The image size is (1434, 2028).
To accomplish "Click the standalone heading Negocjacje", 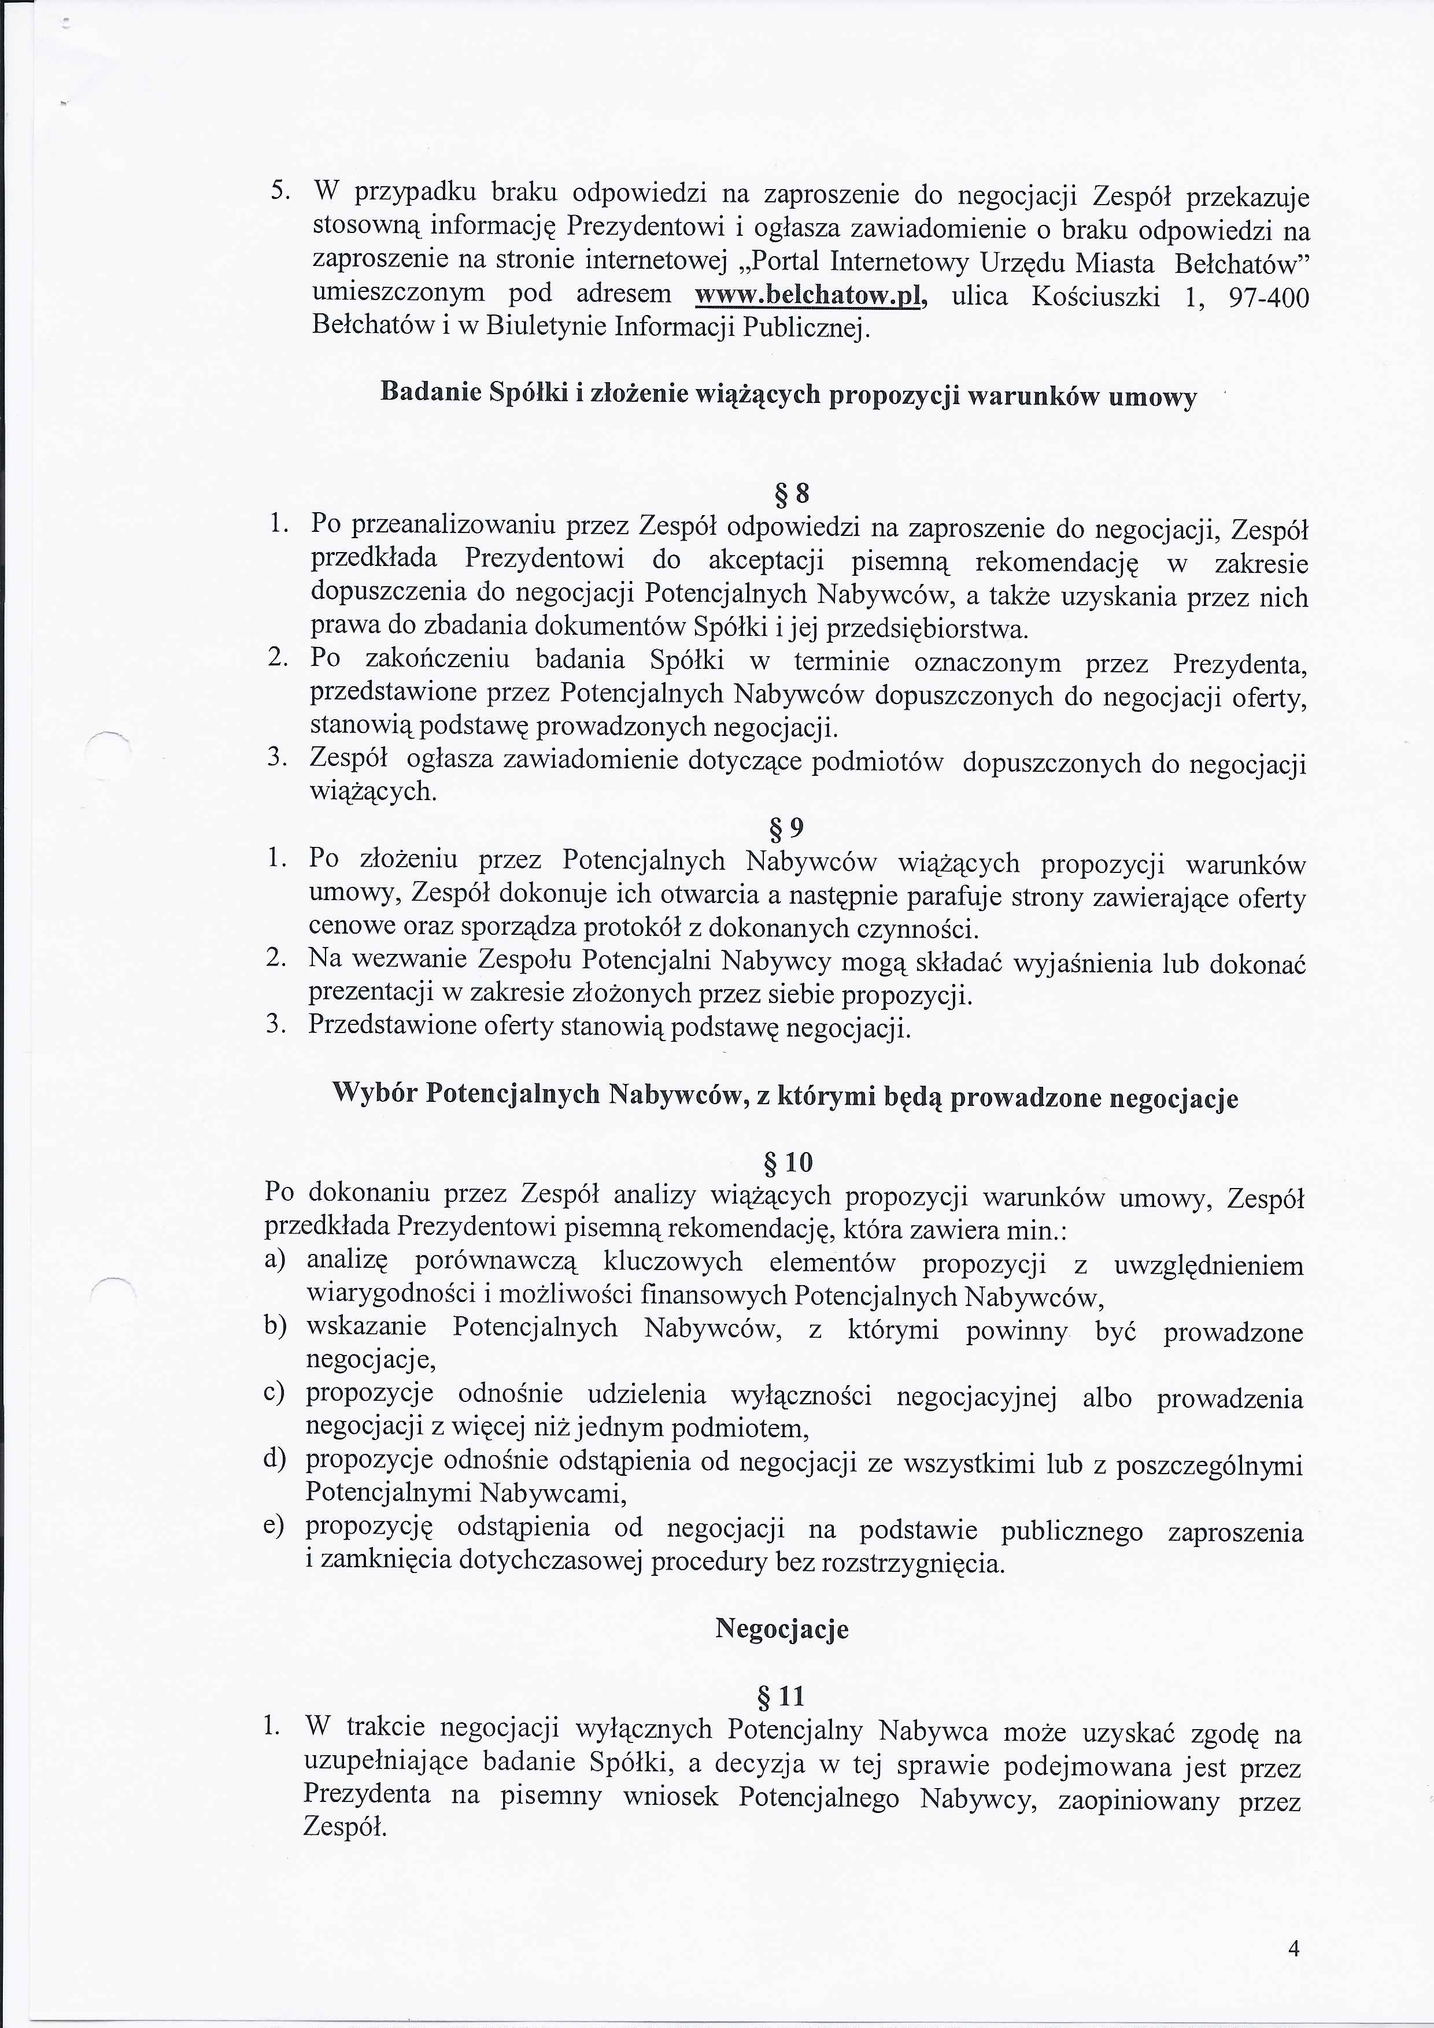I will click(781, 1629).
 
